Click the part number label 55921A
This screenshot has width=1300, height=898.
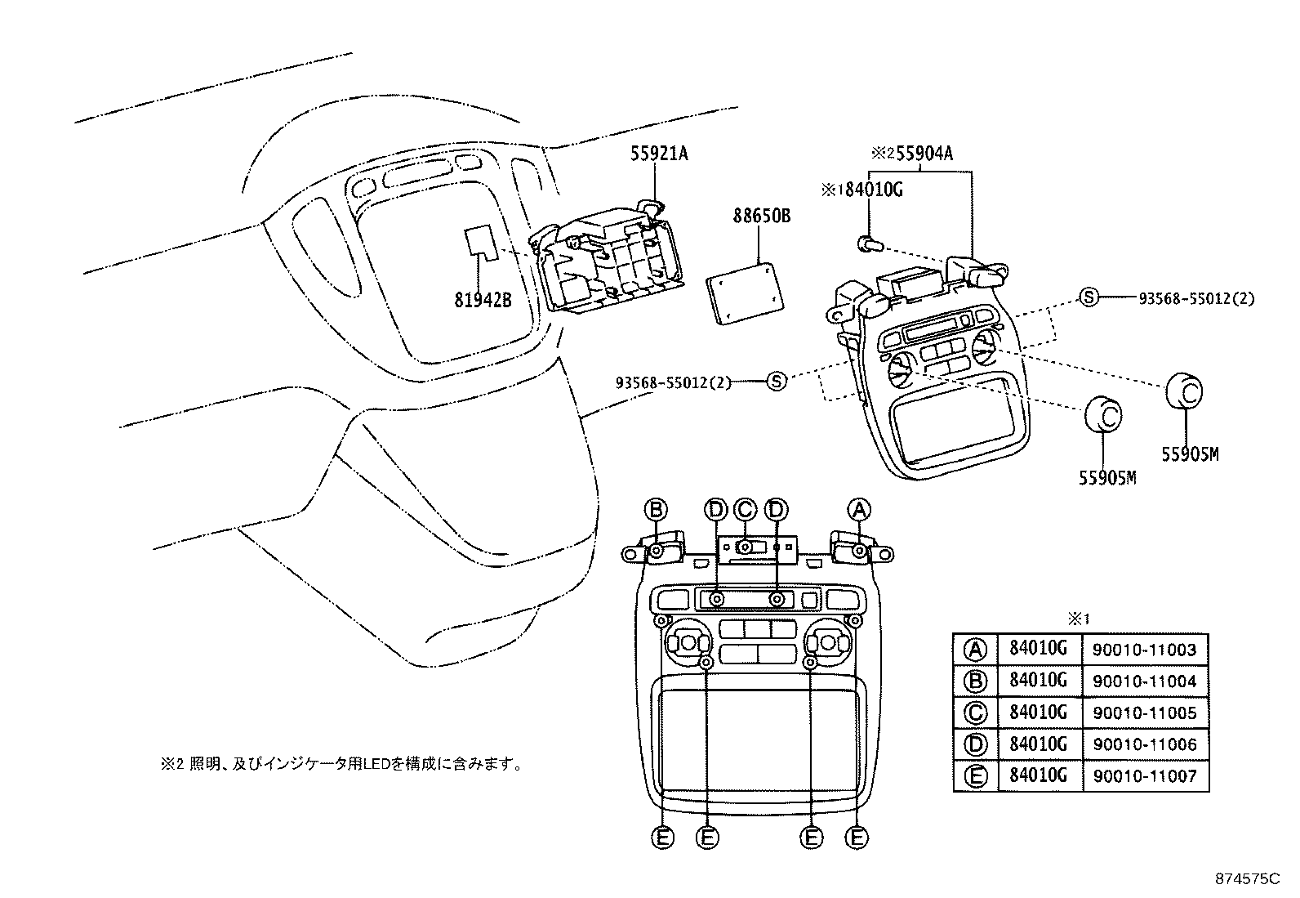point(659,153)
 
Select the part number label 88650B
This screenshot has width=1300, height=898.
point(762,217)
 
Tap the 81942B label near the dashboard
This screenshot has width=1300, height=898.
point(483,300)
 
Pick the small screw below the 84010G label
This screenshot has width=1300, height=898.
point(867,243)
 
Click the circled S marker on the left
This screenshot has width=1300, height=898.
point(777,380)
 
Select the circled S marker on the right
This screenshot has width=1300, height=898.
point(1089,298)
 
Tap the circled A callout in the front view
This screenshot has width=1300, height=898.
point(858,510)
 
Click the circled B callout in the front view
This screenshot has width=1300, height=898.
point(656,510)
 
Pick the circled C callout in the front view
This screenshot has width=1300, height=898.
point(745,510)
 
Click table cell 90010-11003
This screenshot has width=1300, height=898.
point(1144,650)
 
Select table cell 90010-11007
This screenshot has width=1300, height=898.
point(1144,775)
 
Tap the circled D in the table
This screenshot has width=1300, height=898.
point(975,744)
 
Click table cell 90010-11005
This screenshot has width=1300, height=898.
point(1144,713)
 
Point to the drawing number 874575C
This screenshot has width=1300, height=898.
point(1250,879)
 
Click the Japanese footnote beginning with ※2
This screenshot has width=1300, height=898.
point(341,765)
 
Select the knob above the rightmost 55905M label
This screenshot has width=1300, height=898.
point(1184,391)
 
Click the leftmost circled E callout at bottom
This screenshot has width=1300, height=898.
point(663,838)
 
